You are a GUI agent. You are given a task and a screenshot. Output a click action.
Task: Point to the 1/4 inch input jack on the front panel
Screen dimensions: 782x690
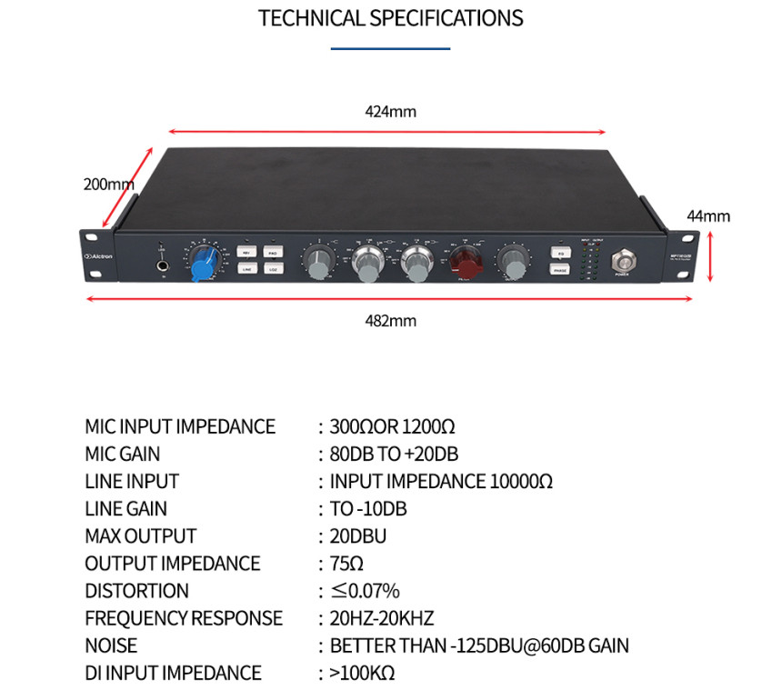point(164,266)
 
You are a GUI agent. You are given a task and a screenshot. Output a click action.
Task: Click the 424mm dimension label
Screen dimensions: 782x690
point(390,112)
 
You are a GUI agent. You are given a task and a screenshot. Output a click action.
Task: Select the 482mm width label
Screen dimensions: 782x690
point(390,321)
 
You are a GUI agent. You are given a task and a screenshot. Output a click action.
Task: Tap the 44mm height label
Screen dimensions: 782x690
point(708,216)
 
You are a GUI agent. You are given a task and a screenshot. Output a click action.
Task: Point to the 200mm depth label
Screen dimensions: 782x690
point(108,184)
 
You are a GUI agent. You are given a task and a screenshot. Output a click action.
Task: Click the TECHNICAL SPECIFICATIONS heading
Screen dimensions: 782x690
point(391,18)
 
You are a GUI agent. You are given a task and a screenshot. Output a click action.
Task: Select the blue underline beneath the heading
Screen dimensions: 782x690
point(391,47)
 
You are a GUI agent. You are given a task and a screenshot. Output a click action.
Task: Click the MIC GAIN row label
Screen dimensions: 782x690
point(122,454)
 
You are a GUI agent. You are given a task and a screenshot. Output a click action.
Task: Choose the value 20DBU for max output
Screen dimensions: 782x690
point(359,536)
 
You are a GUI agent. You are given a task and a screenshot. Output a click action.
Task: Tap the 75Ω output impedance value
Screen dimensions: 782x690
point(347,564)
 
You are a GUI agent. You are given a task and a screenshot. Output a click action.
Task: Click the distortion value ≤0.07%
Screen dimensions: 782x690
point(364,591)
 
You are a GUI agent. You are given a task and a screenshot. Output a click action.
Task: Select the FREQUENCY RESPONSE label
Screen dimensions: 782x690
point(184,618)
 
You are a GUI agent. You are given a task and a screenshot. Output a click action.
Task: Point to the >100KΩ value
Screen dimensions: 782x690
point(362,673)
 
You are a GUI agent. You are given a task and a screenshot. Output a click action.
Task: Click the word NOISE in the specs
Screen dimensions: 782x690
point(111,645)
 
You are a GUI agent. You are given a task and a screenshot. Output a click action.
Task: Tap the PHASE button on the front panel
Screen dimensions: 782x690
point(559,269)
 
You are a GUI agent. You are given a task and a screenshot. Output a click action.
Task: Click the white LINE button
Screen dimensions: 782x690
point(246,268)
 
